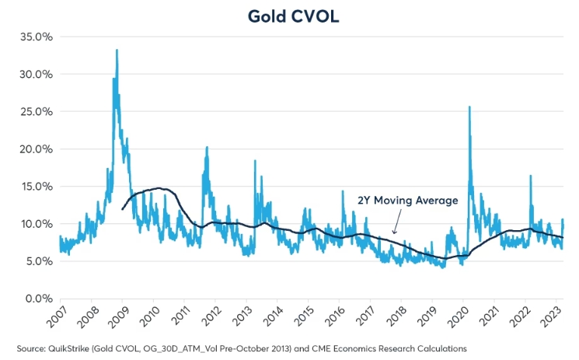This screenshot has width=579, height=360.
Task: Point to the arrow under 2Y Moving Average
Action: click(395, 225)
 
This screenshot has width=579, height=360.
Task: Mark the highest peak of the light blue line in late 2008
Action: click(117, 51)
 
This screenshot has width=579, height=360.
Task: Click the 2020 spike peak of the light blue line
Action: click(469, 107)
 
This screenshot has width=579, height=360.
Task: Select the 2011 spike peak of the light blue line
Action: click(207, 147)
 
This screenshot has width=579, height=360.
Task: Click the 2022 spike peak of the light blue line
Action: click(530, 176)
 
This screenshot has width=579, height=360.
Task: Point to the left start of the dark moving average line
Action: click(123, 209)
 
